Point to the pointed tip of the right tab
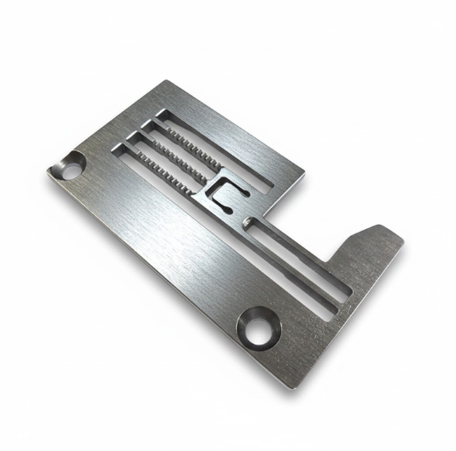point(391,232)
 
